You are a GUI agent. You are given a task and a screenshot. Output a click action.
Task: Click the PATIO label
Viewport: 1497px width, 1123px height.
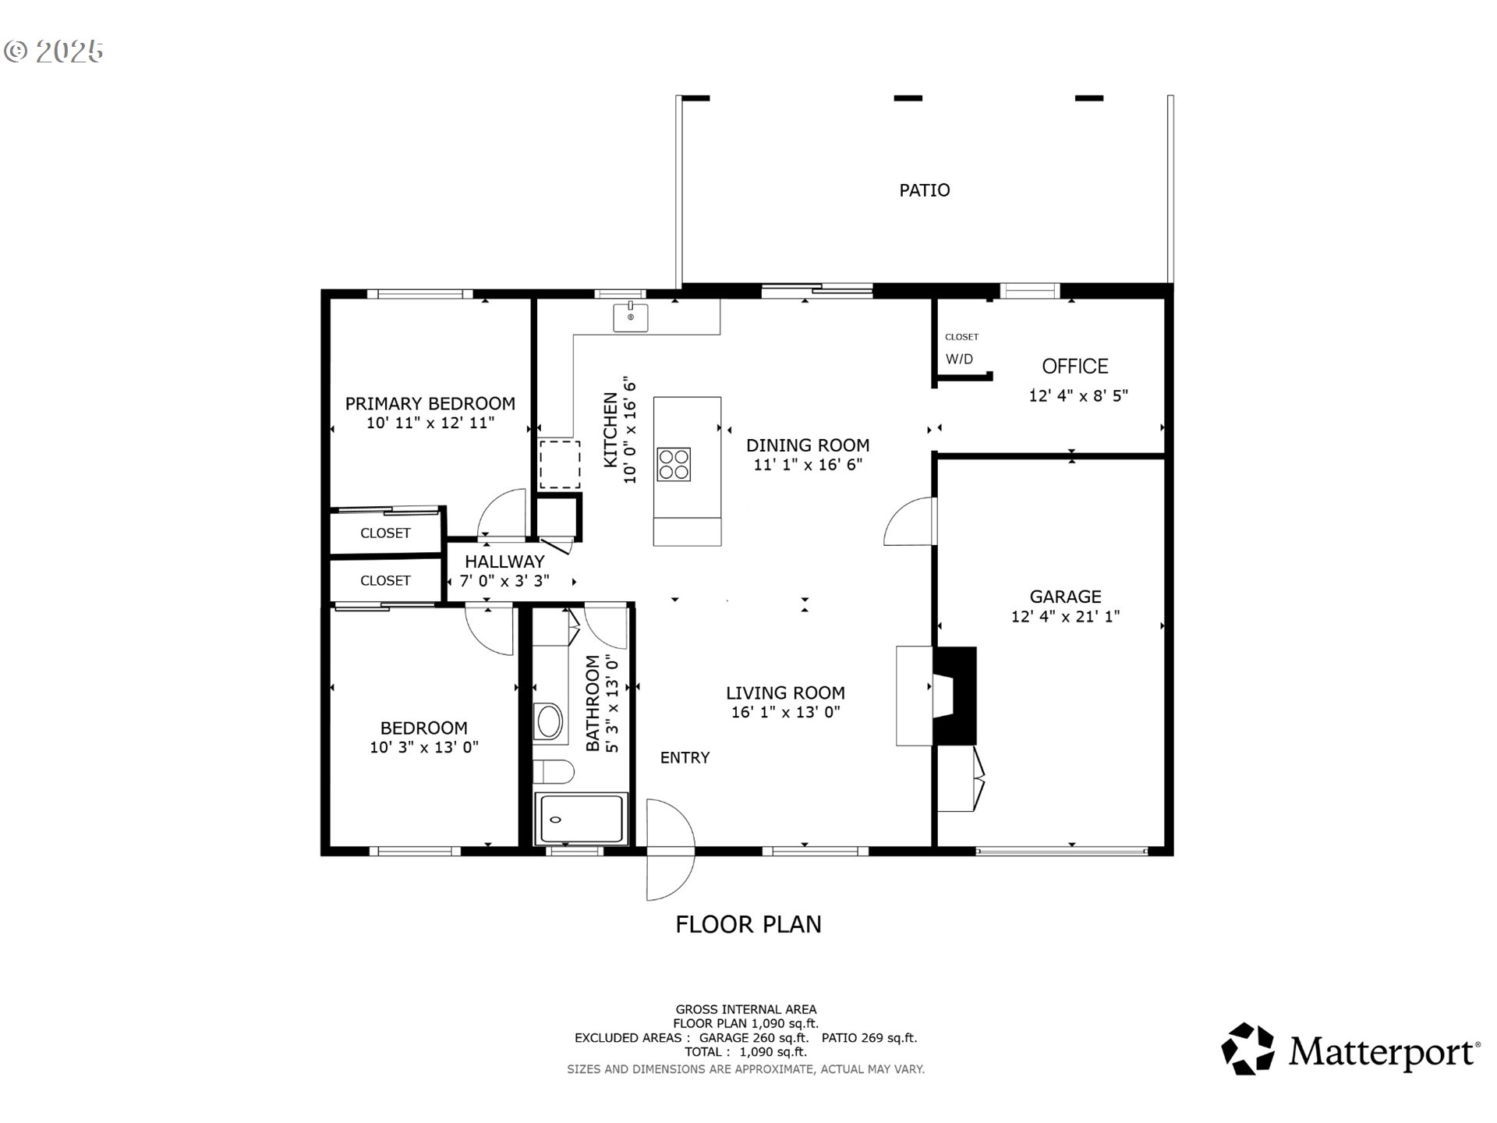[x=924, y=190]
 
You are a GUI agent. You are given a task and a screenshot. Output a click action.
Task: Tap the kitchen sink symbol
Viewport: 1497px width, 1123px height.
[x=630, y=317]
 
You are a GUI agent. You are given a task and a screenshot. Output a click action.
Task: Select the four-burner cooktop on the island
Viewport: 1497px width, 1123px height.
[x=674, y=463]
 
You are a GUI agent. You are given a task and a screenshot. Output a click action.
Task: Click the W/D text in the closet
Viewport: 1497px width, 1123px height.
[x=959, y=360]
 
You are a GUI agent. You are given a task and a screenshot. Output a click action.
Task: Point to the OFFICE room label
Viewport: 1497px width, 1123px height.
[x=1074, y=367]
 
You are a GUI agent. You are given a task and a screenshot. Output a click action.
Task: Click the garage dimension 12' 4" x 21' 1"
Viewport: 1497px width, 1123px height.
[x=1065, y=616]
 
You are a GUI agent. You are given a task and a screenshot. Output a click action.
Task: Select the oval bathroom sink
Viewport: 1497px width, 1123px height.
[x=549, y=721]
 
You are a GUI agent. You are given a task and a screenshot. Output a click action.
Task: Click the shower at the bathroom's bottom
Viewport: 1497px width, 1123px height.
[x=581, y=819]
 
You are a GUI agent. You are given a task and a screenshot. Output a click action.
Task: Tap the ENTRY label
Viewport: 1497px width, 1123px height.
[x=685, y=758]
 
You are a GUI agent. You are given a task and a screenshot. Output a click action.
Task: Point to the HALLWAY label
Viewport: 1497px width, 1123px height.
[x=504, y=561]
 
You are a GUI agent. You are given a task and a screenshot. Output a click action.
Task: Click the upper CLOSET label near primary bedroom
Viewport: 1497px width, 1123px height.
[x=385, y=533]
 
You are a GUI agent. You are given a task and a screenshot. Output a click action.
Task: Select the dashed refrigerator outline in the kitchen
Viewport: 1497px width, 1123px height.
[x=560, y=465]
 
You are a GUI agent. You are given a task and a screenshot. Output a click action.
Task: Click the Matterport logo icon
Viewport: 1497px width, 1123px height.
[x=1247, y=1049]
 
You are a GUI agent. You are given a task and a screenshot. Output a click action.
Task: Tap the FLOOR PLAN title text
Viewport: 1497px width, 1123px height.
[x=748, y=924]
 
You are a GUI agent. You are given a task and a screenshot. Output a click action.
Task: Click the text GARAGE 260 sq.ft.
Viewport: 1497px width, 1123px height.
[x=753, y=1038]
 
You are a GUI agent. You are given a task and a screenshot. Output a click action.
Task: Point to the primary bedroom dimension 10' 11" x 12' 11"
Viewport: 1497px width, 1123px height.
[x=430, y=423]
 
